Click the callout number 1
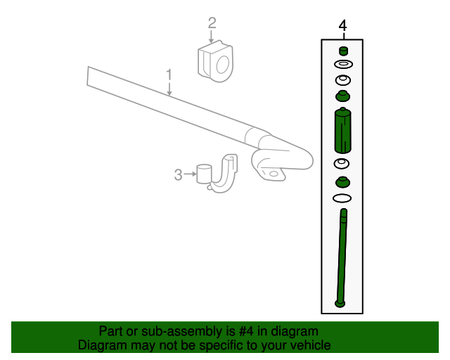point(169,74)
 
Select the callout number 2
point(212,24)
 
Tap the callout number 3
point(179,174)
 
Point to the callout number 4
point(342,26)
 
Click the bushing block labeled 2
point(214,61)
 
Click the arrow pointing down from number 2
point(212,39)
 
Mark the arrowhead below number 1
point(169,92)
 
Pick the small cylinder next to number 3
point(205,174)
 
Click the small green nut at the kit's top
point(343,50)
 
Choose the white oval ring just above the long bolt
point(342,199)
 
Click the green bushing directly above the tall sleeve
point(342,96)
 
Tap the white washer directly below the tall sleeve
point(342,164)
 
